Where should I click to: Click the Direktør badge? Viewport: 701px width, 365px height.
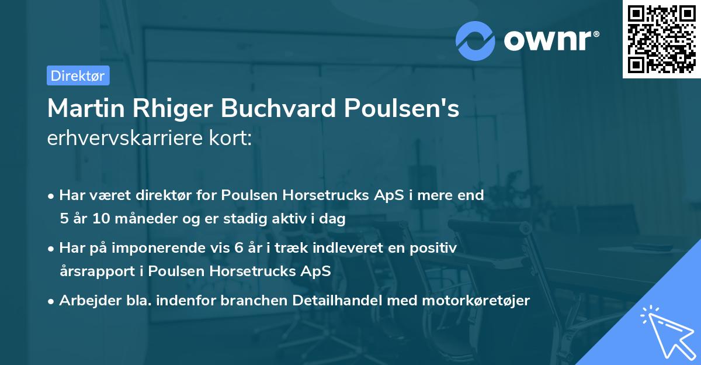[78, 75]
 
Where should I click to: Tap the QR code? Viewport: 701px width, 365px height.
[660, 39]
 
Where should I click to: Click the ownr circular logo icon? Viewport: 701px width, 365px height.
[476, 40]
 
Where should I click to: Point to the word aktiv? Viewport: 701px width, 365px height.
[291, 219]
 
